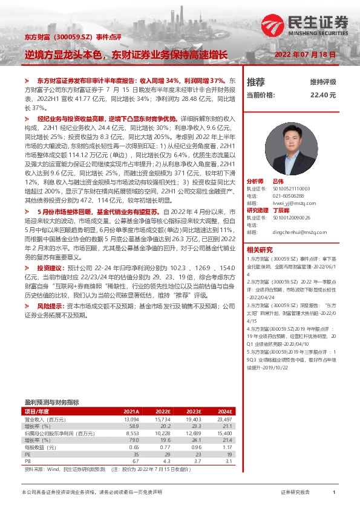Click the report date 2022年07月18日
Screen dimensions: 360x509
(306, 54)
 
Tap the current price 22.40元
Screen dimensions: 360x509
(322, 95)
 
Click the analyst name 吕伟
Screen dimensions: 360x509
(278, 181)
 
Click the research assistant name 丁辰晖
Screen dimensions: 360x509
(282, 210)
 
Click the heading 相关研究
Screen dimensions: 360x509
(259, 250)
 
